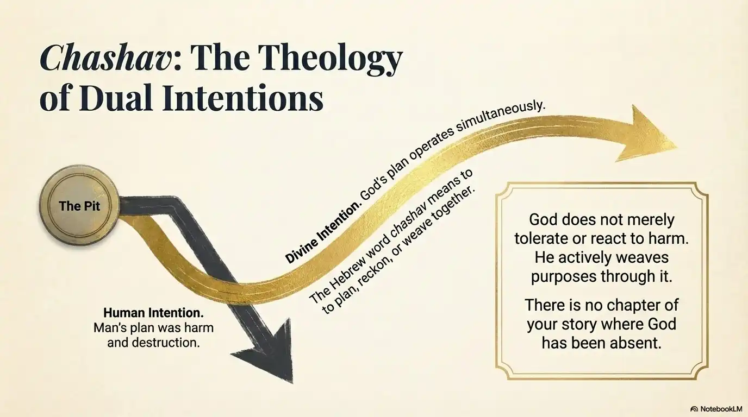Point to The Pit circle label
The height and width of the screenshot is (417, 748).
79,206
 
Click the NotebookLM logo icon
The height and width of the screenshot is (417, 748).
694,409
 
